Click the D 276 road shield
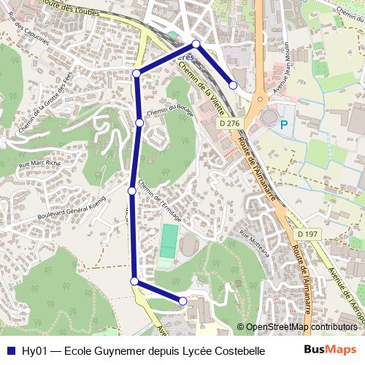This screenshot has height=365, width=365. point(228,124)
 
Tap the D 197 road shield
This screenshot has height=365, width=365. point(309,234)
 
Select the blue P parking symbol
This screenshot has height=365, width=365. point(283,126)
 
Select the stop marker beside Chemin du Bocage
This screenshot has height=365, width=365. point(139,123)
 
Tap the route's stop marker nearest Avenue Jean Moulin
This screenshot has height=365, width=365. point(233,85)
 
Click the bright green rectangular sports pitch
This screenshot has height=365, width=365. point(169,240)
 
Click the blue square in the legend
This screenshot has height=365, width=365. point(11,351)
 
